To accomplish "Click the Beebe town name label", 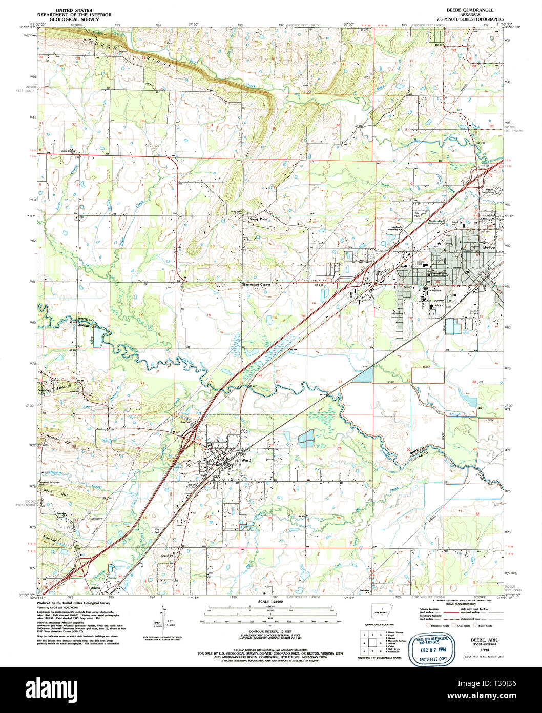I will point(489,247).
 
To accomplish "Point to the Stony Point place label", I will point(259,219).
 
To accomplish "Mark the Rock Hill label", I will point(50,493).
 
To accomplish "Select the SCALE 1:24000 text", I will point(271,602).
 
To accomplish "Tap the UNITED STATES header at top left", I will point(74,10).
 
